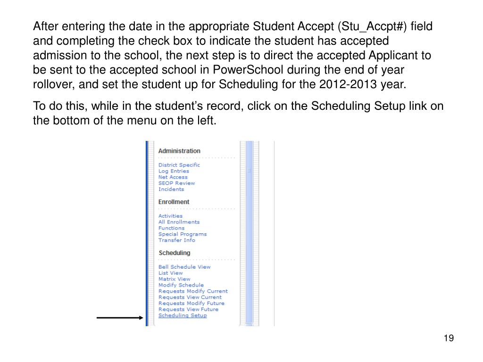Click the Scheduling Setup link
click(x=183, y=315)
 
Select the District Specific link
click(x=179, y=165)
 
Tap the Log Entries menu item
click(x=174, y=171)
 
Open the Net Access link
click(x=173, y=177)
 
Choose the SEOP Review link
click(x=176, y=183)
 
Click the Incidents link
click(x=171, y=189)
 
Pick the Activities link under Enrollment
click(x=170, y=216)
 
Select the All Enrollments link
click(x=179, y=222)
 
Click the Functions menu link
click(x=171, y=228)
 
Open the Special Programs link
click(x=182, y=234)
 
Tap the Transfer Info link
click(x=176, y=240)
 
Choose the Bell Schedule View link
click(x=184, y=267)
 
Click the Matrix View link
click(x=174, y=279)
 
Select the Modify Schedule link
click(x=181, y=285)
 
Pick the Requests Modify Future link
click(x=192, y=304)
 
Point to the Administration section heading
click(x=179, y=151)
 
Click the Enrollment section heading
click(x=174, y=202)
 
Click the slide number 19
click(x=449, y=338)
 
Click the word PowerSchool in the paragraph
click(x=248, y=70)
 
